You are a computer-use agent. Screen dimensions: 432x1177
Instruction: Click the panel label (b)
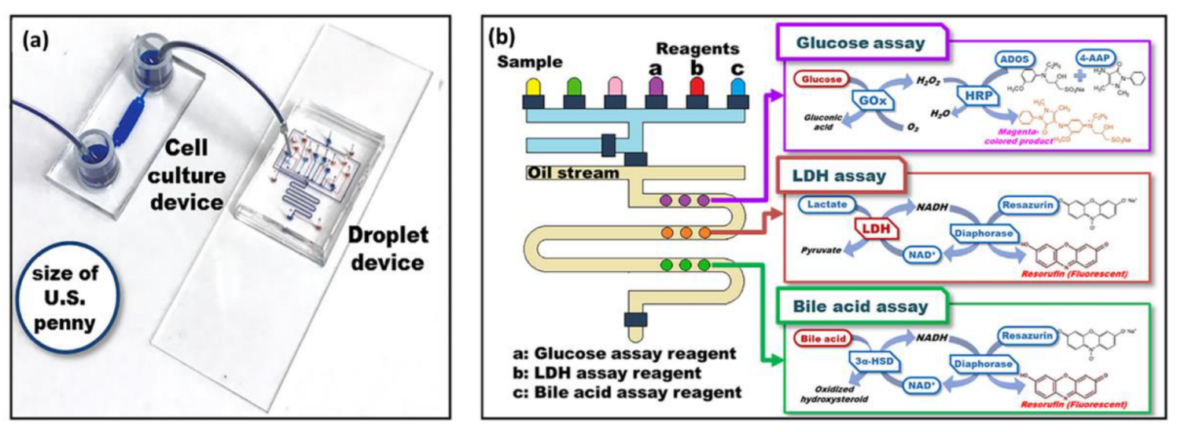(x=503, y=36)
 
